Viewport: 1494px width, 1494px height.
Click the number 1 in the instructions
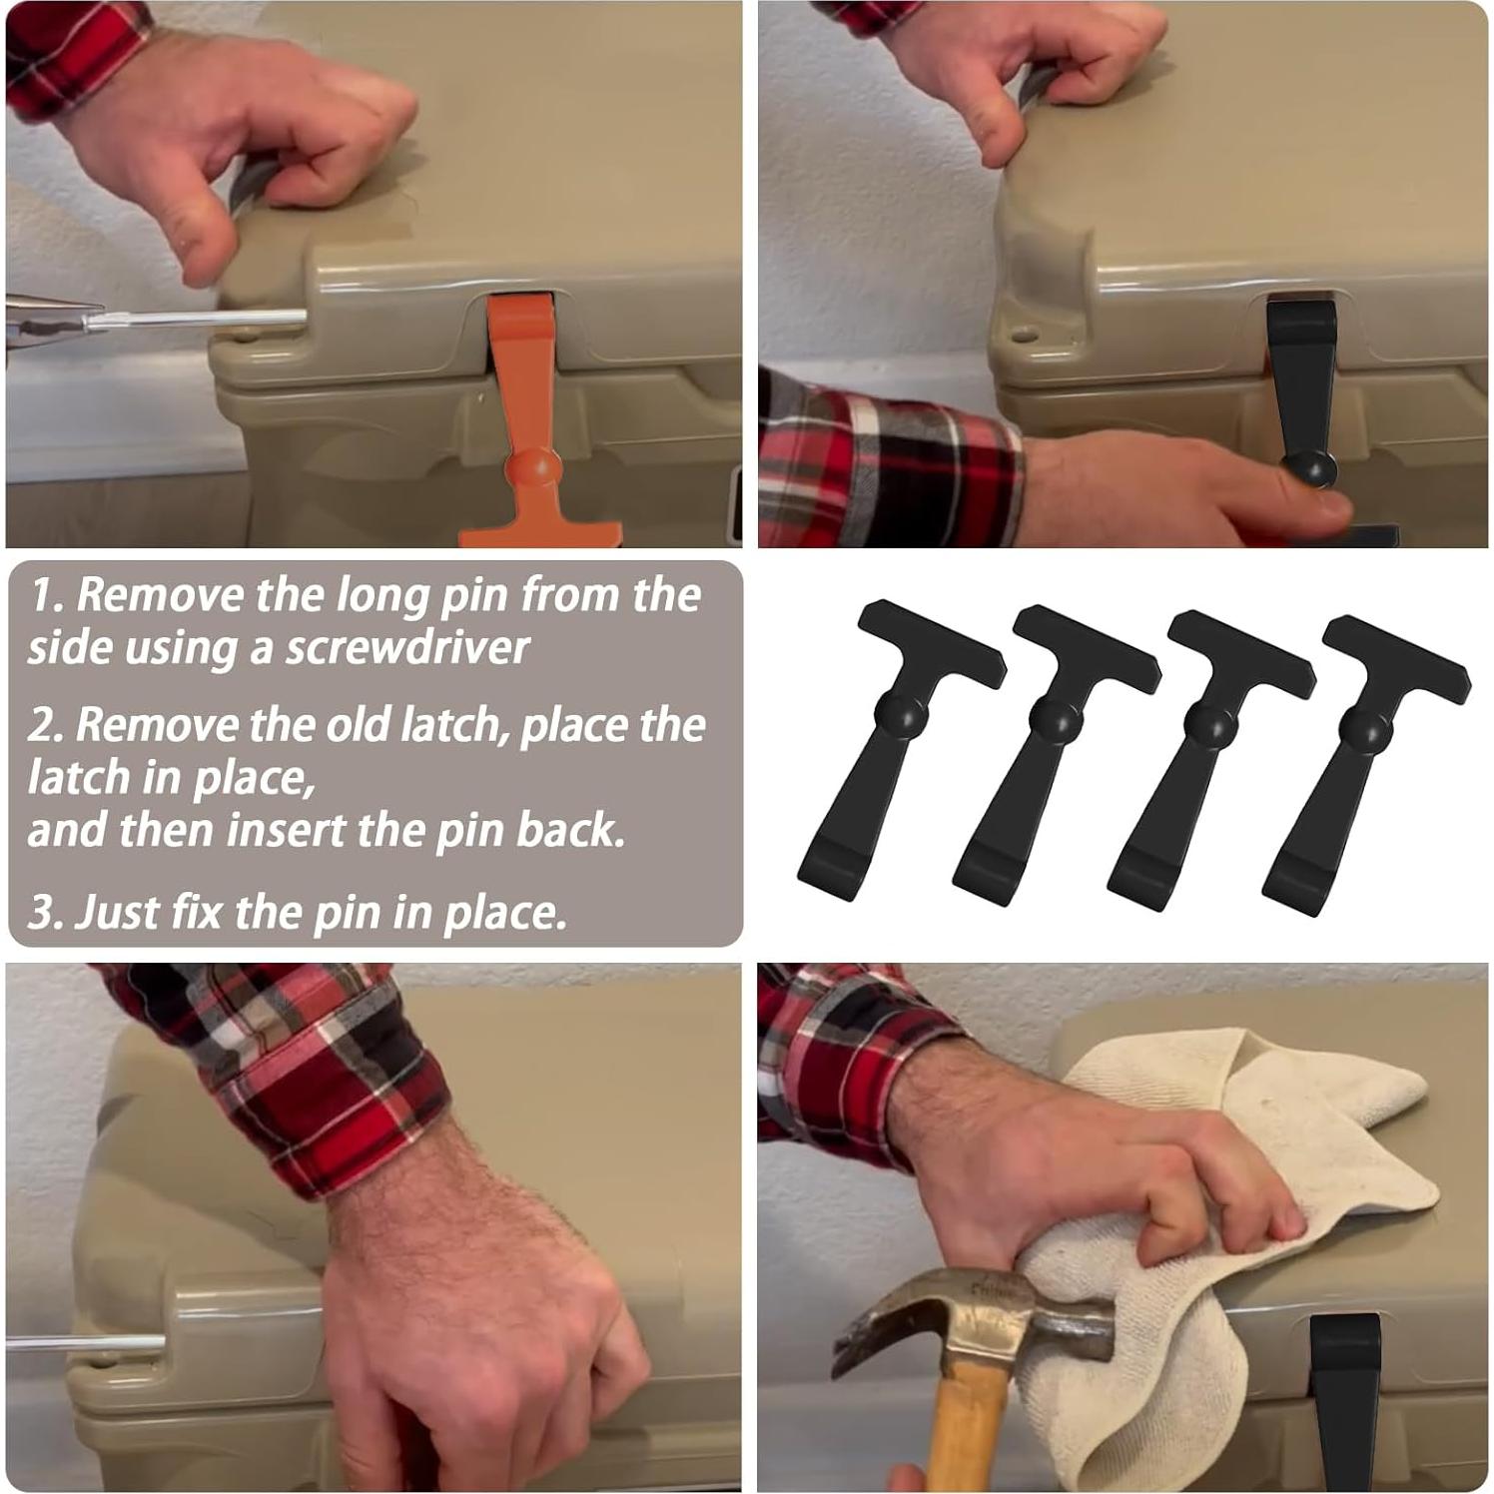click(43, 595)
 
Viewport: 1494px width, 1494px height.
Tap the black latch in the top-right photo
click(1303, 389)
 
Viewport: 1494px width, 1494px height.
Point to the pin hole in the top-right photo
click(1019, 330)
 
